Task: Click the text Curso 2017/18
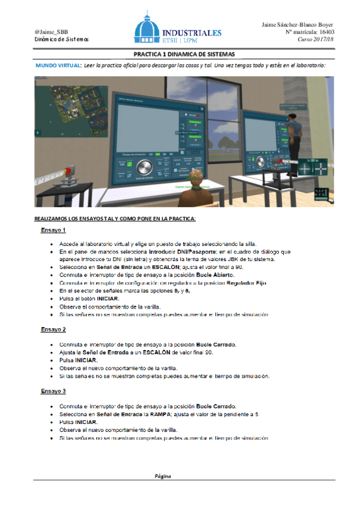(x=317, y=39)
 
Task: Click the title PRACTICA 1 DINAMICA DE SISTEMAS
(x=180, y=54)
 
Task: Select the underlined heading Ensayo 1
(x=53, y=230)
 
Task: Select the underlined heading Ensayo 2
(x=53, y=330)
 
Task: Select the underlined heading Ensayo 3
(x=53, y=391)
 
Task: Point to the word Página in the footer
(x=163, y=476)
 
